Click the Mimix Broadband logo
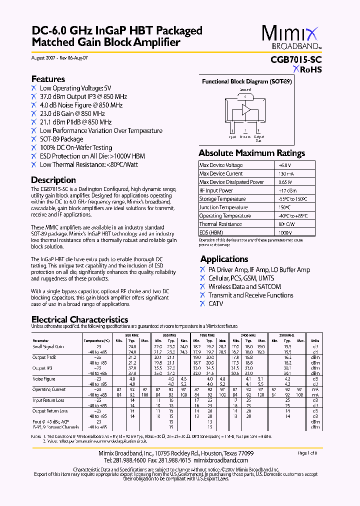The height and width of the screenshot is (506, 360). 291,38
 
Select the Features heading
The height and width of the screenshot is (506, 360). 48,79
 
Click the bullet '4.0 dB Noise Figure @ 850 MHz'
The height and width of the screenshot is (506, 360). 81,105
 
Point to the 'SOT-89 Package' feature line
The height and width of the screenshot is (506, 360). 61,139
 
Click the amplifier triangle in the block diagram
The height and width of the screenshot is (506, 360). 245,110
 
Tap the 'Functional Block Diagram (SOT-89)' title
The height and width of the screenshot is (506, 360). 246,81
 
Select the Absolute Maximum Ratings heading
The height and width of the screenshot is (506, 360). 251,153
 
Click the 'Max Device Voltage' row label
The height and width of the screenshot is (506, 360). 221,165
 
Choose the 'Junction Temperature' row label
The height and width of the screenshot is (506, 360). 222,207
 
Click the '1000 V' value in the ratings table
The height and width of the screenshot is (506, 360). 285,233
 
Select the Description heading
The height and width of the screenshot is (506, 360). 53,180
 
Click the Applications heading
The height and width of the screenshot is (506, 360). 224,259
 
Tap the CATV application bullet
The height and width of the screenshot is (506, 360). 216,303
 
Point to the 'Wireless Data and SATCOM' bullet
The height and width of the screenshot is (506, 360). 244,286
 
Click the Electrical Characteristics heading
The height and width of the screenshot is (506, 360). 80,319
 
